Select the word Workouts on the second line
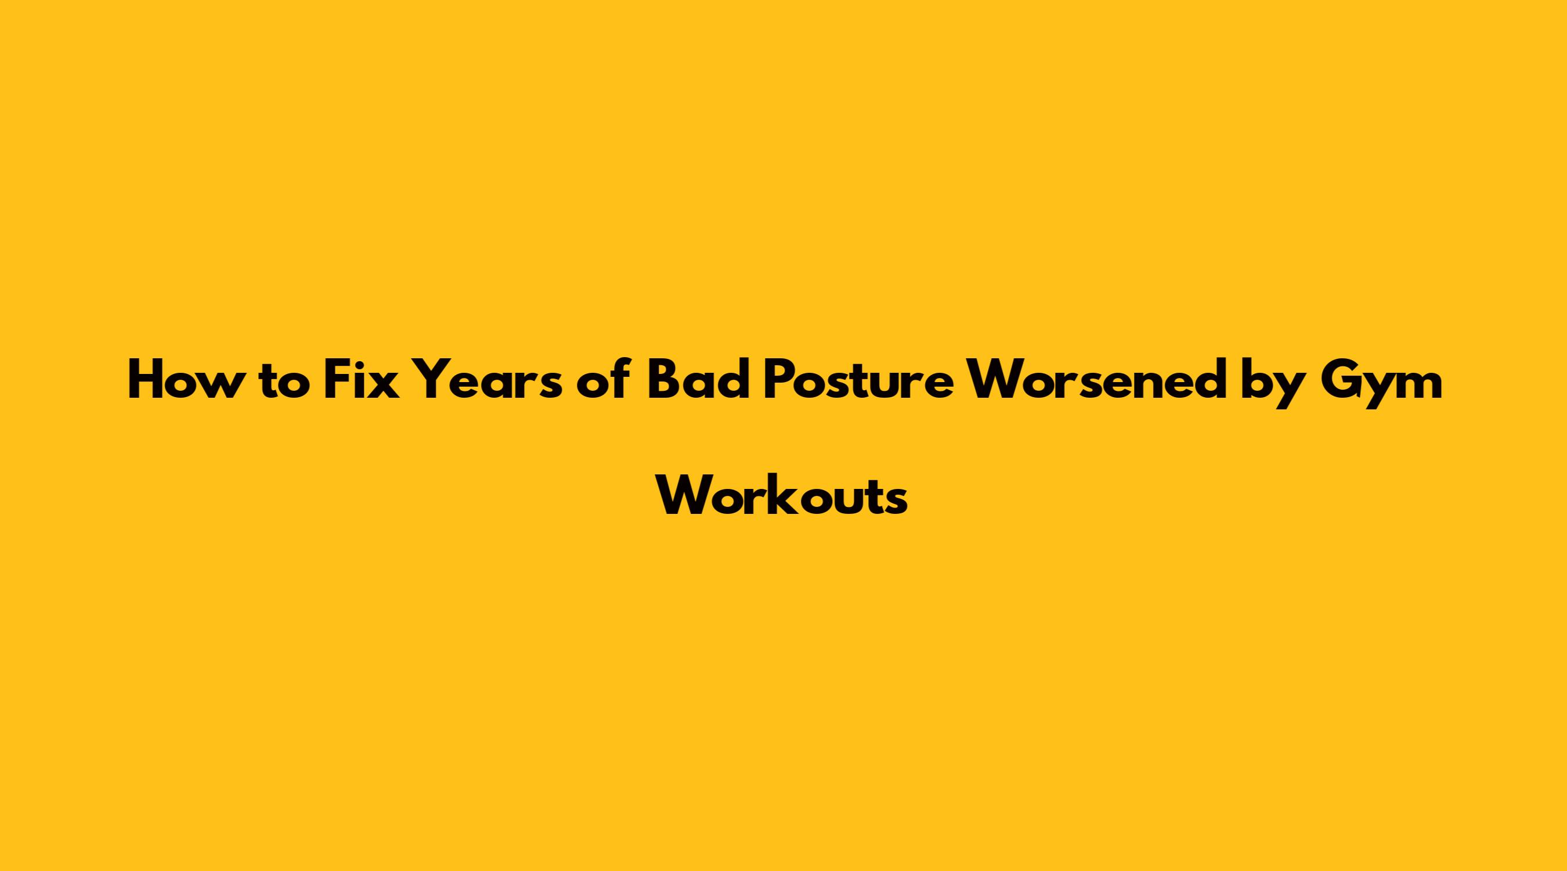(x=784, y=495)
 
